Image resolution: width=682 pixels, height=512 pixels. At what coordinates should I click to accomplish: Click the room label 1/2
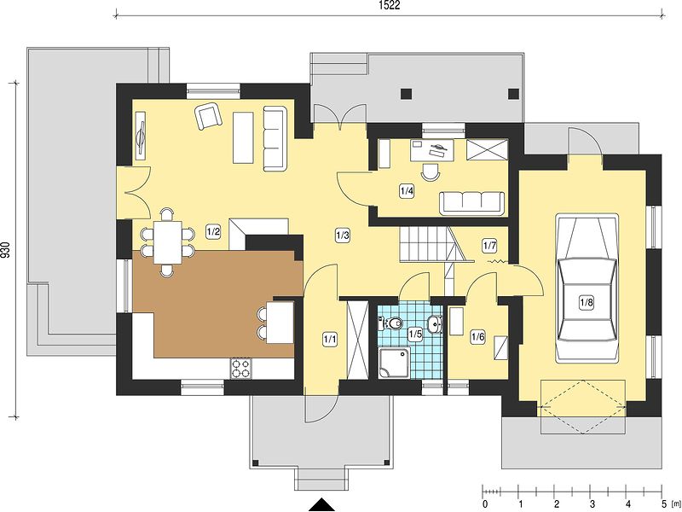tap(213, 231)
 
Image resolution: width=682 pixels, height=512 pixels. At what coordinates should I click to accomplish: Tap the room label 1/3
tap(343, 236)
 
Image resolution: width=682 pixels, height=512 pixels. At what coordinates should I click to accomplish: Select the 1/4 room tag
tap(407, 190)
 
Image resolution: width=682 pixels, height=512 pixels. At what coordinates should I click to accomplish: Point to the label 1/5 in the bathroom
tap(415, 335)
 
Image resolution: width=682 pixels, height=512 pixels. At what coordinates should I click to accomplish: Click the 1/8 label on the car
tap(587, 302)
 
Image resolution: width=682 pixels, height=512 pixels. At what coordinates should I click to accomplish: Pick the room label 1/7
tap(489, 246)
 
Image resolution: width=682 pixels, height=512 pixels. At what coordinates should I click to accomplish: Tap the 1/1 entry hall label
tap(330, 339)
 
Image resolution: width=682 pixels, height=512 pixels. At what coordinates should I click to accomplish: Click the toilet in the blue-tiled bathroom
tap(391, 323)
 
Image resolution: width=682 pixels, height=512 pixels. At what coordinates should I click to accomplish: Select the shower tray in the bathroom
tap(394, 362)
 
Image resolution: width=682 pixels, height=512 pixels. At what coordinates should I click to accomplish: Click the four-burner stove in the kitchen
tap(241, 368)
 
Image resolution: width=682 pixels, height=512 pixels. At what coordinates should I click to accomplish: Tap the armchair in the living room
tap(209, 116)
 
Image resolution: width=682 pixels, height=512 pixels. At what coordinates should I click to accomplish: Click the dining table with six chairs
tap(167, 242)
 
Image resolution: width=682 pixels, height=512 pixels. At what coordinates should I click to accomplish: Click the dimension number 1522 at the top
tap(390, 5)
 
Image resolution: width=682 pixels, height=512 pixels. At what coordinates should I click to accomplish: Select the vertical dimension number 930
tap(5, 250)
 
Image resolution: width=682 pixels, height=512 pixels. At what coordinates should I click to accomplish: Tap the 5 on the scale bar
tap(662, 504)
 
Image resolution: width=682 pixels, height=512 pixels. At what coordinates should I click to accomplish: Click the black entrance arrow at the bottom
tap(322, 504)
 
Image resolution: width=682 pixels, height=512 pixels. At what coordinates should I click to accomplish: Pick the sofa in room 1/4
tap(472, 203)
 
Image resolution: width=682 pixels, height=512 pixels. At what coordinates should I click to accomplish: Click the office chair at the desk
tap(431, 172)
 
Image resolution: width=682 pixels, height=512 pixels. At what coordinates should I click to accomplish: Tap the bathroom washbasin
tap(435, 324)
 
